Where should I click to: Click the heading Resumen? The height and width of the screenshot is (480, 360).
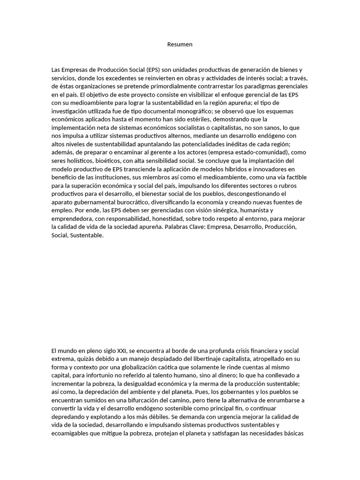coord(180,45)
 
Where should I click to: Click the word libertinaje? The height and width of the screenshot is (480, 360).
coord(192,360)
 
